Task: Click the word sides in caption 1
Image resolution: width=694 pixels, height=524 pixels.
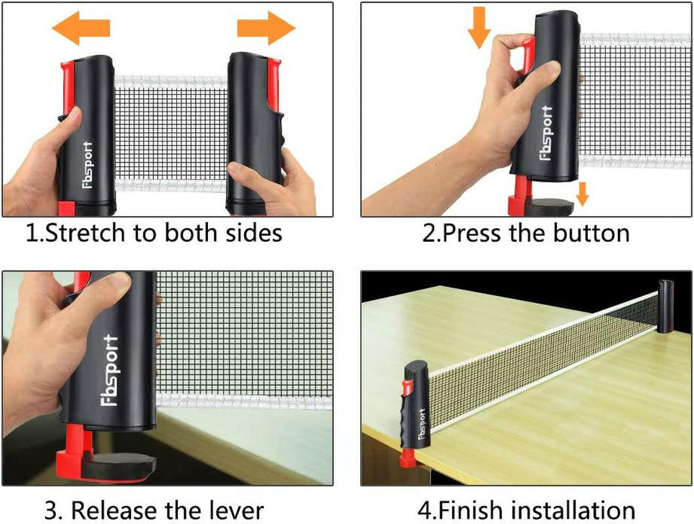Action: (252, 233)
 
